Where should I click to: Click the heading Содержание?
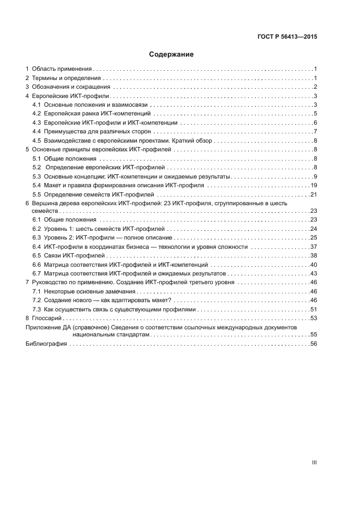[x=172, y=54]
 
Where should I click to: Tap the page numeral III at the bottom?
[x=314, y=463]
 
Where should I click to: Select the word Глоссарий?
[x=46, y=317]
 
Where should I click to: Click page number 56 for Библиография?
[x=313, y=344]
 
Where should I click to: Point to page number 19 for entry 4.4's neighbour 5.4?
[x=313, y=185]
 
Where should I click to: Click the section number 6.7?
[x=37, y=273]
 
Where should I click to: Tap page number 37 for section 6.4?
[x=313, y=247]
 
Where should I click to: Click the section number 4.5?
[x=37, y=140]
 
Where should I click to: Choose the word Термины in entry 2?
[x=45, y=78]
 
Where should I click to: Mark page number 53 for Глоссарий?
[x=313, y=317]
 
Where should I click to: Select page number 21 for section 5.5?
[x=313, y=194]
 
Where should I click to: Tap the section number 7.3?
[x=37, y=309]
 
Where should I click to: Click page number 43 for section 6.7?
[x=313, y=273]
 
